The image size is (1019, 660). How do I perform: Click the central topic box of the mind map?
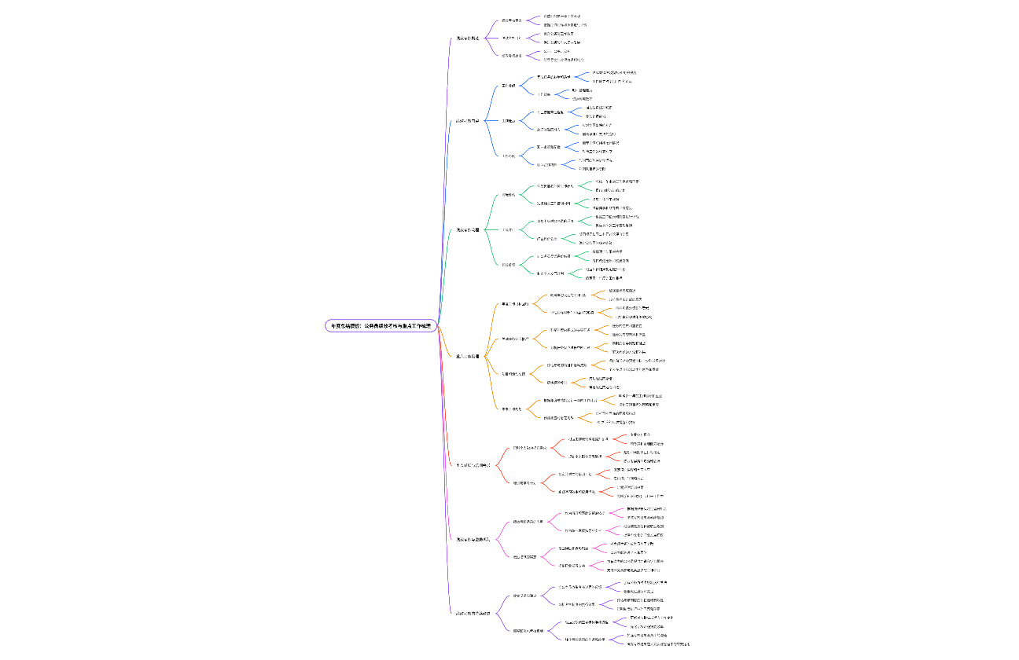(x=381, y=325)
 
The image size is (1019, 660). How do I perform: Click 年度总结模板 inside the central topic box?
(x=348, y=325)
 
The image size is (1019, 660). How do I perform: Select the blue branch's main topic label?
(x=467, y=120)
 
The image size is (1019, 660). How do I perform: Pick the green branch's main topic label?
(x=467, y=229)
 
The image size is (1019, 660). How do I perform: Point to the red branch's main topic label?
(x=473, y=465)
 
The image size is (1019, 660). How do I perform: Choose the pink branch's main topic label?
(x=473, y=539)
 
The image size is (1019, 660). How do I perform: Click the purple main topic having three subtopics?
(x=467, y=38)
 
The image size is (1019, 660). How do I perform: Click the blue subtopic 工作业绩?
(x=508, y=85)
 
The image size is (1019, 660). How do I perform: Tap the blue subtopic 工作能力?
(x=508, y=121)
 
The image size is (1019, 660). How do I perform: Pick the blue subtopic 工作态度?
(x=508, y=156)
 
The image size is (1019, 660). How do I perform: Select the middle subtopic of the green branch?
(x=508, y=229)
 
